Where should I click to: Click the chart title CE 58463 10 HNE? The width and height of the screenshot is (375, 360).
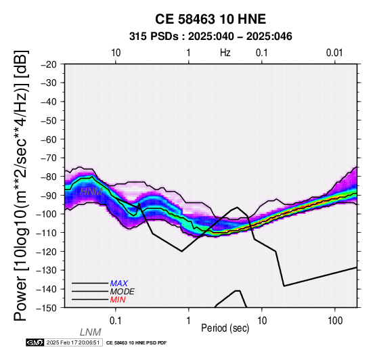click(x=211, y=19)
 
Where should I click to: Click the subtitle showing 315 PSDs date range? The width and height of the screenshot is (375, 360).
click(x=211, y=37)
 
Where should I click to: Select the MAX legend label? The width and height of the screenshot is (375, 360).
click(x=119, y=284)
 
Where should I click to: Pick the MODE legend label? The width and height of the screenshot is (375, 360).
click(x=123, y=292)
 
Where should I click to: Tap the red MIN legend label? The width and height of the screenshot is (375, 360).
click(x=118, y=300)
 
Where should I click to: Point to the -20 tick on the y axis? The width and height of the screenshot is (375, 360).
click(x=49, y=64)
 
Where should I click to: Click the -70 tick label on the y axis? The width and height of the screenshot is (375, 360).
click(x=49, y=158)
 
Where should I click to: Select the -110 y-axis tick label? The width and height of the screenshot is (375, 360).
click(x=47, y=233)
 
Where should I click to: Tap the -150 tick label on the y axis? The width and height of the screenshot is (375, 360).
click(x=47, y=308)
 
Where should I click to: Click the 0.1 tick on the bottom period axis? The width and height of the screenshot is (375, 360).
click(x=116, y=321)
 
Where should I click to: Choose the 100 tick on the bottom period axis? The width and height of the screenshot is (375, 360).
click(x=335, y=321)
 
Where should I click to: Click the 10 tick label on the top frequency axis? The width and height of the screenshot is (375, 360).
click(x=116, y=53)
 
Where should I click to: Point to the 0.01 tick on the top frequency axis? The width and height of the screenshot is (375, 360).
click(x=334, y=53)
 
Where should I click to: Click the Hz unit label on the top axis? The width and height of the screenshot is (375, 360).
click(x=225, y=53)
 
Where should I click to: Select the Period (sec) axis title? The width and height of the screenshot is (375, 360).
click(x=225, y=328)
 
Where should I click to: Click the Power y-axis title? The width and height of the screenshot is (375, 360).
click(x=21, y=185)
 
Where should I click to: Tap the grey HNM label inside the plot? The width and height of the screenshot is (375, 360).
click(x=91, y=192)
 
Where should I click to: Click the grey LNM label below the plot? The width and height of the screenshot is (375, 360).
click(x=91, y=332)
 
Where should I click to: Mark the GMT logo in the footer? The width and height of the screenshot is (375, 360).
click(x=35, y=342)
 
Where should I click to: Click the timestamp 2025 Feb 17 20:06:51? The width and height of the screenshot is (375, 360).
click(x=73, y=342)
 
